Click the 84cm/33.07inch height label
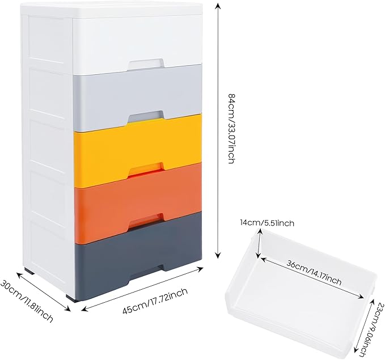click(232, 129)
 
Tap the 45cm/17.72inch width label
click(155, 300)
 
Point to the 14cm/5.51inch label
click(267, 223)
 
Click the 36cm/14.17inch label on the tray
click(314, 274)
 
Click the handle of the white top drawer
click(145, 63)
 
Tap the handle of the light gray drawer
click(145, 116)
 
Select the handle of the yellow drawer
click(146, 169)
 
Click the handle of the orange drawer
click(146, 220)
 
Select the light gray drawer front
click(137, 97)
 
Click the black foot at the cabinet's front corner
click(71, 298)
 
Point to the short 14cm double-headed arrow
click(259, 243)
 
